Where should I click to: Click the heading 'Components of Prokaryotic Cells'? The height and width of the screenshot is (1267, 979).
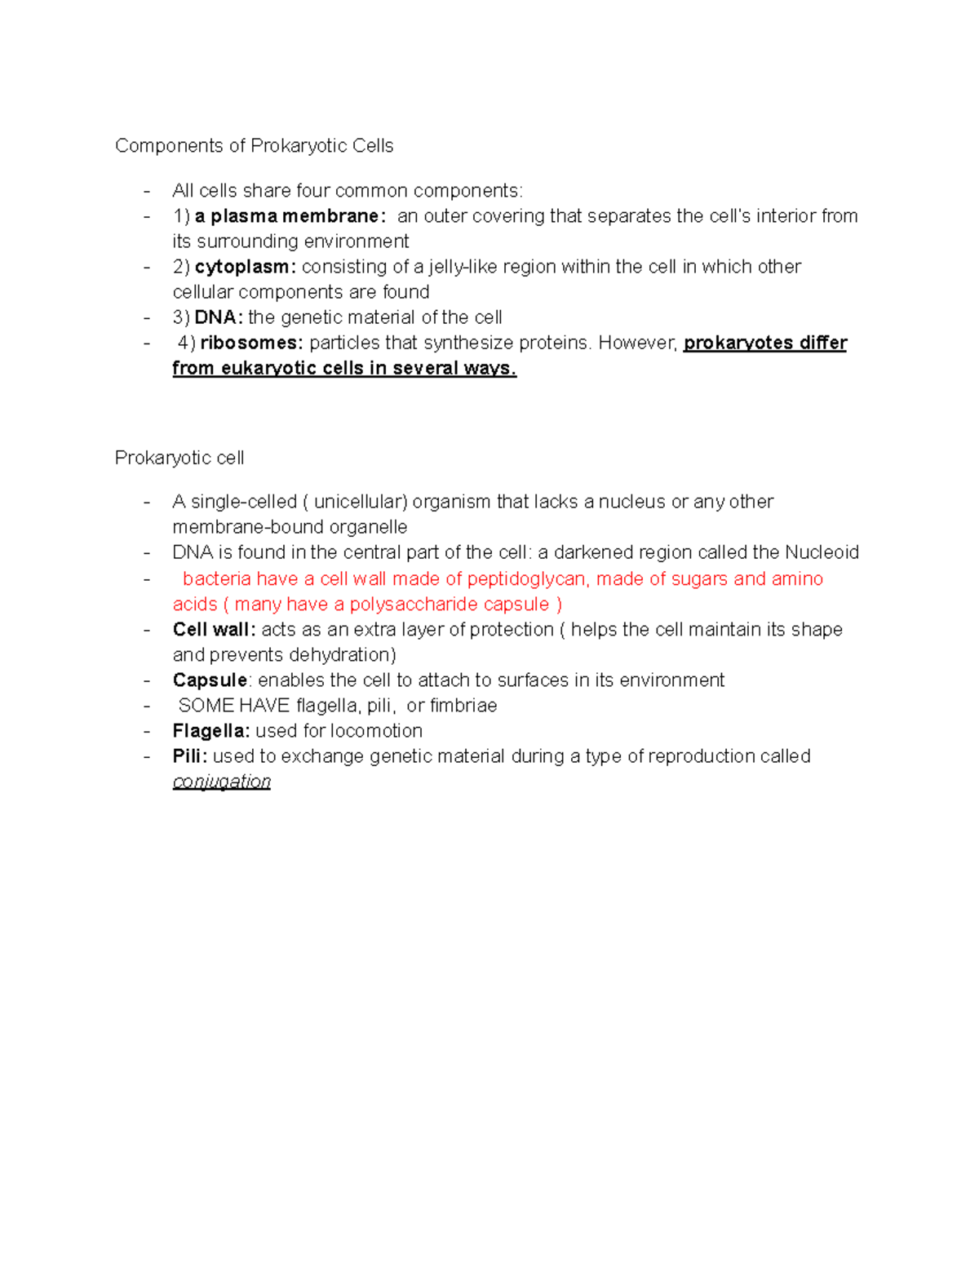point(254,146)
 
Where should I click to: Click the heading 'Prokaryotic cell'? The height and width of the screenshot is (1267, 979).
point(179,458)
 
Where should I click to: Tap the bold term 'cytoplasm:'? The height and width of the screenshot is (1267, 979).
point(246,267)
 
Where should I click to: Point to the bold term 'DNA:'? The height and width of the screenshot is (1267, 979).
point(219,317)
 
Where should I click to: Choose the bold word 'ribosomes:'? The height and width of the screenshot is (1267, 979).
point(251,343)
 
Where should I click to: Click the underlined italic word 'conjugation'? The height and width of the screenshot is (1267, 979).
point(221,782)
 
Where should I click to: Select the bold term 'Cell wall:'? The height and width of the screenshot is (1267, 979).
point(214,630)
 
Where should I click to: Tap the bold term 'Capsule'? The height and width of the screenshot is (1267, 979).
point(210,680)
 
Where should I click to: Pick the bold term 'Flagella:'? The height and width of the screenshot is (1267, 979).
point(211,731)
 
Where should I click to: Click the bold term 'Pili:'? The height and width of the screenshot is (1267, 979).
point(190,756)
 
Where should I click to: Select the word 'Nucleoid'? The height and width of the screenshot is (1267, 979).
point(822,552)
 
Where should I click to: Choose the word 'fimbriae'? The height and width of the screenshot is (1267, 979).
point(463,706)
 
